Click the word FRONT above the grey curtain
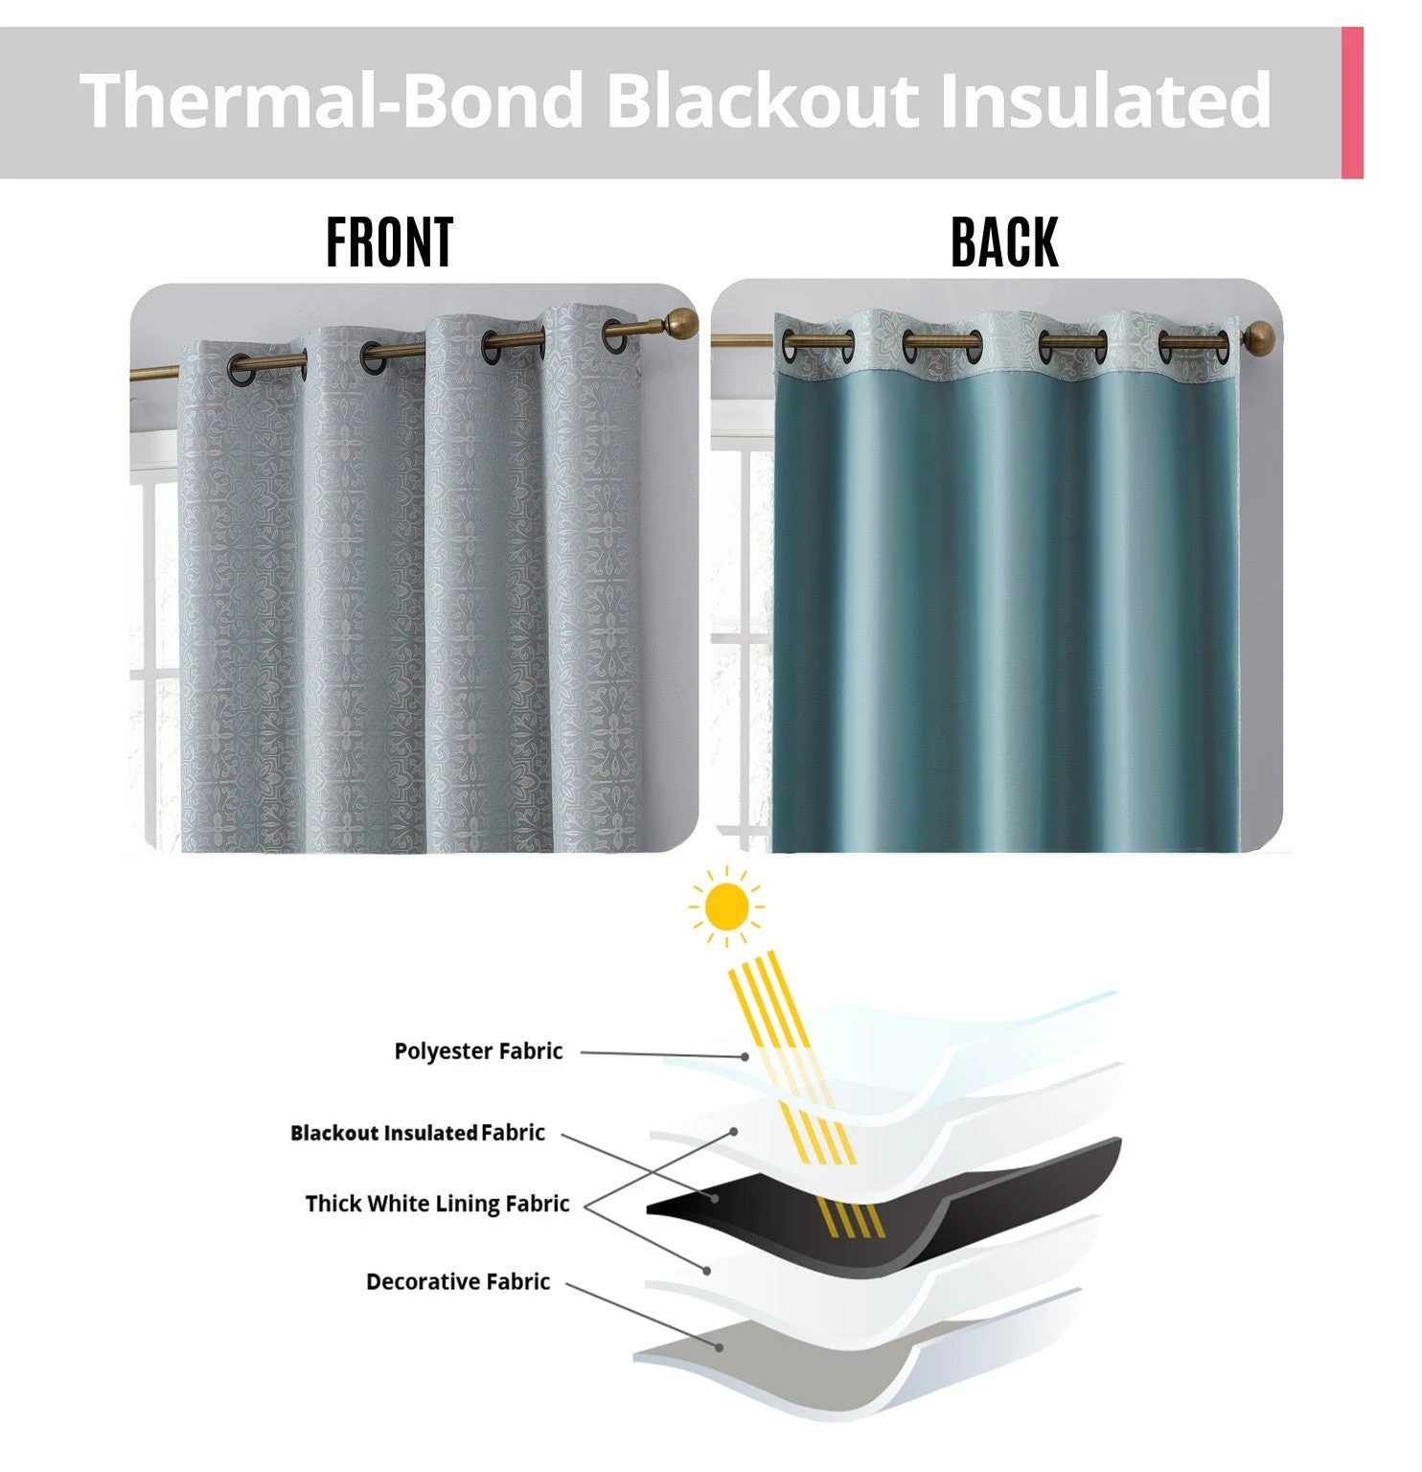[389, 242]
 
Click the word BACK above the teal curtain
[1004, 242]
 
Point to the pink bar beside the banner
[1352, 103]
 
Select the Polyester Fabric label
[478, 1051]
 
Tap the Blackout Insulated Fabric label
[418, 1133]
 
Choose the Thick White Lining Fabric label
[437, 1204]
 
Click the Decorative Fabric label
[458, 1281]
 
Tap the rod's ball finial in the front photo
[682, 321]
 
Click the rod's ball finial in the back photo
[1260, 335]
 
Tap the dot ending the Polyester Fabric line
[745, 1056]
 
